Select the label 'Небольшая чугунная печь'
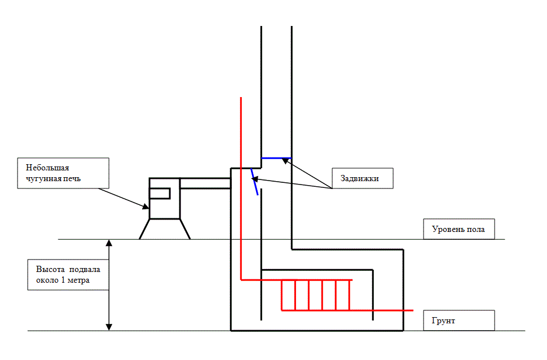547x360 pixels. click(x=61, y=173)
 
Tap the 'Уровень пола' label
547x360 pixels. click(x=458, y=230)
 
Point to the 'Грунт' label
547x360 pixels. click(x=458, y=321)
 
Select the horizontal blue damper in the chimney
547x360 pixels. click(x=276, y=158)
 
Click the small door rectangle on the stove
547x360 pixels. click(x=160, y=194)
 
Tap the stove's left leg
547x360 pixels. click(x=144, y=229)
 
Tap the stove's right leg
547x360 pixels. click(x=184, y=229)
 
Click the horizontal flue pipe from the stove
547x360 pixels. click(x=205, y=183)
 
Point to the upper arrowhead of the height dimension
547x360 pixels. click(x=109, y=243)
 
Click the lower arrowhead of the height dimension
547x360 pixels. click(x=109, y=327)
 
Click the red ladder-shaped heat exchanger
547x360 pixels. click(x=316, y=295)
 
